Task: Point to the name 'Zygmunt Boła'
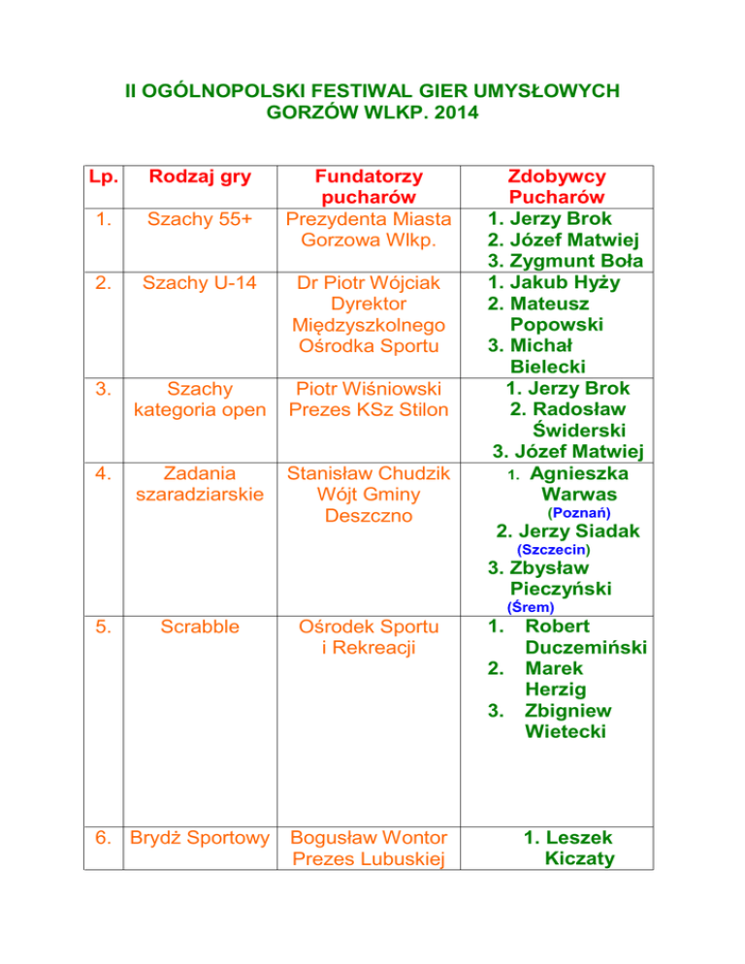(556, 262)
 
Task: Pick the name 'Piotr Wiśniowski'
(360, 390)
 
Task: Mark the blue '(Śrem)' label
(531, 608)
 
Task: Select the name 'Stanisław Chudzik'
(360, 474)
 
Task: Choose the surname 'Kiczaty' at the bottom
(579, 857)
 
